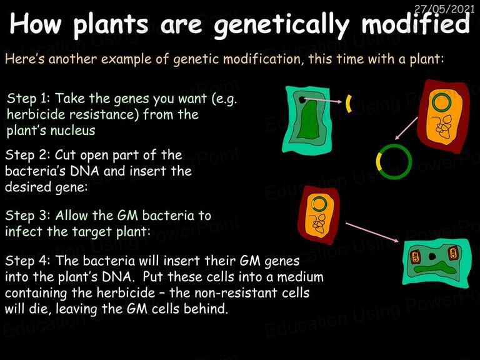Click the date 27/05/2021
[444, 9]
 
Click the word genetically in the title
[281, 25]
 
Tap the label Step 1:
[29, 99]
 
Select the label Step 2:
[27, 155]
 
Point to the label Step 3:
[27, 216]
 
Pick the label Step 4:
[27, 261]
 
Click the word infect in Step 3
[24, 231]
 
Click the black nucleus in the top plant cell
[302, 100]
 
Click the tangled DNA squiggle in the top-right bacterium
[443, 126]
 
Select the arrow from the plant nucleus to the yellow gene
[322, 101]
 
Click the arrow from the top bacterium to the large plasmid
[406, 128]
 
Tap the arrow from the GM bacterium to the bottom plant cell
[372, 232]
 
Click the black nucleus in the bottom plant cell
[432, 256]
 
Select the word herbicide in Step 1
[37, 115]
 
